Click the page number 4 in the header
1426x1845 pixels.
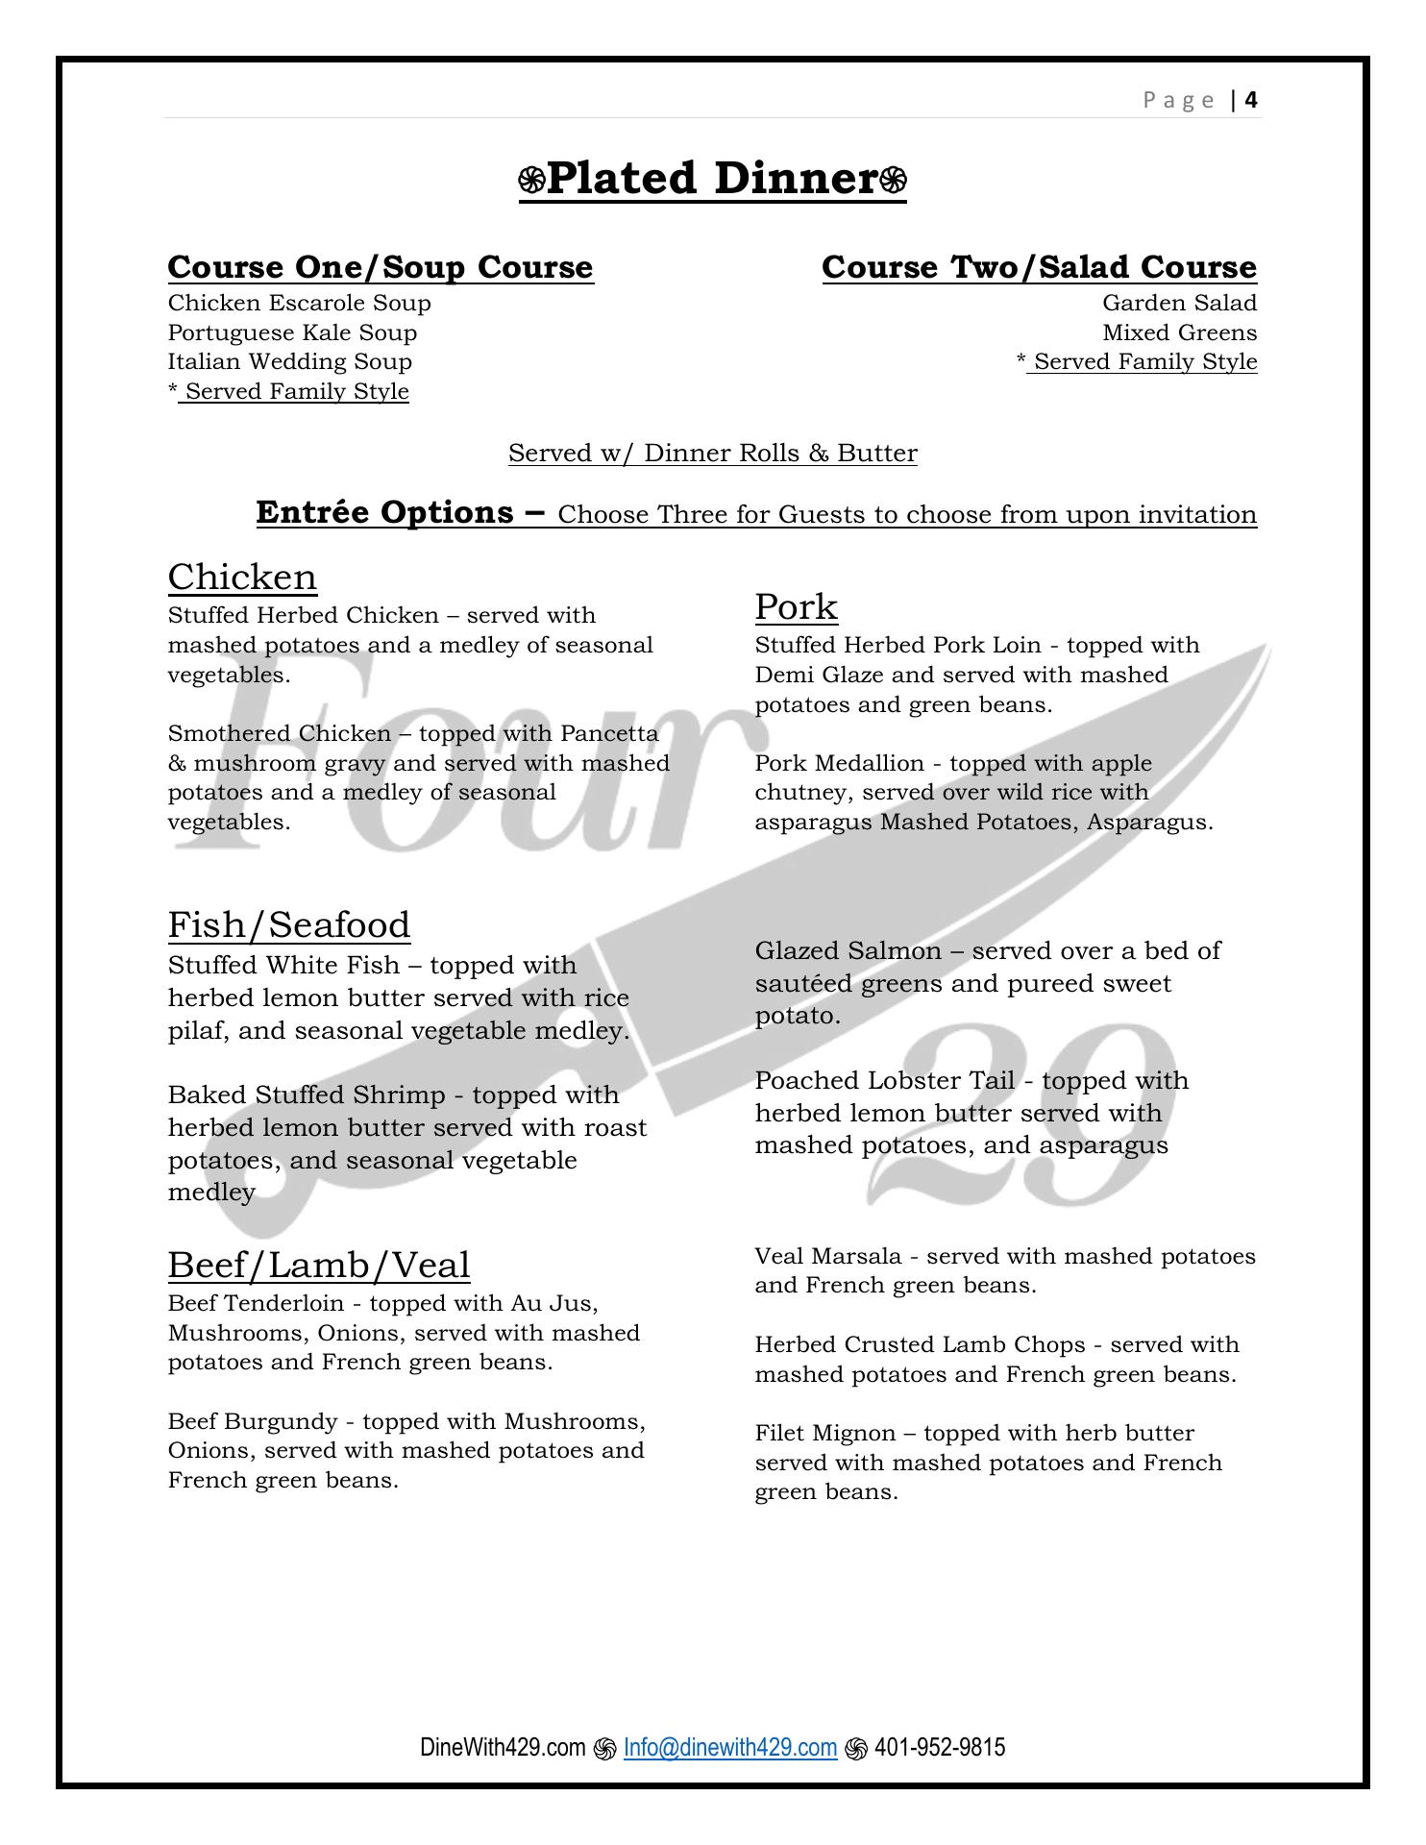coord(1251,100)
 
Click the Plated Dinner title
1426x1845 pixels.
coord(712,179)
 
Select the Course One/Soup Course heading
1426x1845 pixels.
coord(381,267)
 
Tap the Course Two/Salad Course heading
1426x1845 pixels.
coord(1039,267)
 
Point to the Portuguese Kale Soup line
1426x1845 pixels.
coord(292,332)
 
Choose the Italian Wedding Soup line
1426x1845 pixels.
coord(289,362)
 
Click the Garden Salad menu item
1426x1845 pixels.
coord(1179,304)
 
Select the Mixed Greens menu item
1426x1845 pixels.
coord(1179,333)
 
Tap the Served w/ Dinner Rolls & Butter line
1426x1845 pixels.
coord(712,454)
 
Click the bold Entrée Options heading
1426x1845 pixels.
coord(400,512)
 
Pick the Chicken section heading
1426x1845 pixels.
coord(242,578)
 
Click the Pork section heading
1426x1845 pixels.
coord(796,607)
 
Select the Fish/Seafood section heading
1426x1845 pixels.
coord(289,925)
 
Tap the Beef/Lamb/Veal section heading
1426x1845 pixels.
coord(319,1266)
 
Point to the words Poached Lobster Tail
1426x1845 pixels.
coord(884,1081)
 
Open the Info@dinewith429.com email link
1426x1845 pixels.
coord(729,1747)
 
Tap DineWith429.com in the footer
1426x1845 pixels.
coord(502,1747)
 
